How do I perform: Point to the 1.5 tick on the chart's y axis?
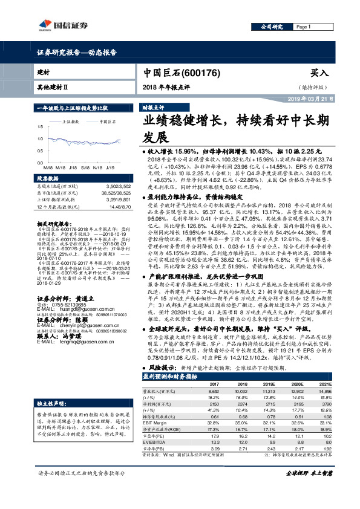pyautogui.click(x=39, y=127)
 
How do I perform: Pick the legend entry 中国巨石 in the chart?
pyautogui.click(x=109, y=122)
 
